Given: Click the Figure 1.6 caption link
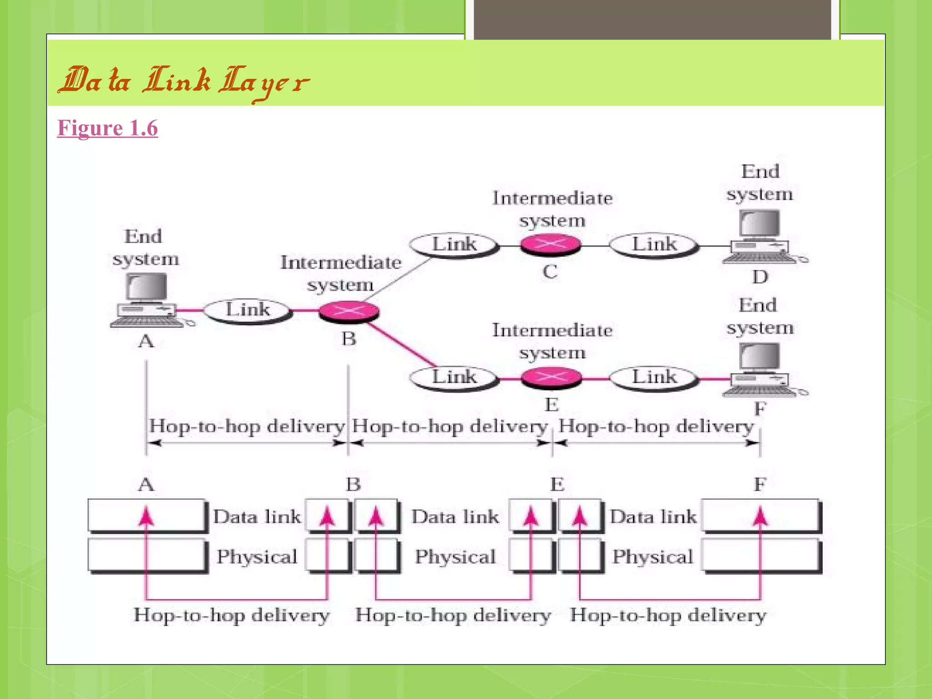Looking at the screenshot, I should coord(107,128).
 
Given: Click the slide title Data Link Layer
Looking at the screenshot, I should coord(184,82).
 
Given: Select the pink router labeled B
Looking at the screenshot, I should coord(349,312).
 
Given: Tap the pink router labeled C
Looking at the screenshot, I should coord(551,244).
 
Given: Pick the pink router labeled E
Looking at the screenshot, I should coord(551,377).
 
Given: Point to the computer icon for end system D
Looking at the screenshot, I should coord(760,237).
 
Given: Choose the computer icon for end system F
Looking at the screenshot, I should coord(760,370).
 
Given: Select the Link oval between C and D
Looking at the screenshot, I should coord(654,245).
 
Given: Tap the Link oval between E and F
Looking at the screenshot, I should coord(654,377).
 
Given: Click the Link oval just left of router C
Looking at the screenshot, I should coord(454,245).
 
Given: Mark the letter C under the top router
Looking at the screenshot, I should coord(550,272).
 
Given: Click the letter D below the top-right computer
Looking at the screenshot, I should coord(760,277).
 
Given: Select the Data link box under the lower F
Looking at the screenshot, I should coord(761,516).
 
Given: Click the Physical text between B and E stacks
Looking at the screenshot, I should coord(455,557).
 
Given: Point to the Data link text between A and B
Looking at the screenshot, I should coord(257,517).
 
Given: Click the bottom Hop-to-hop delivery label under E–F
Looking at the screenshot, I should coord(668,615).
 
